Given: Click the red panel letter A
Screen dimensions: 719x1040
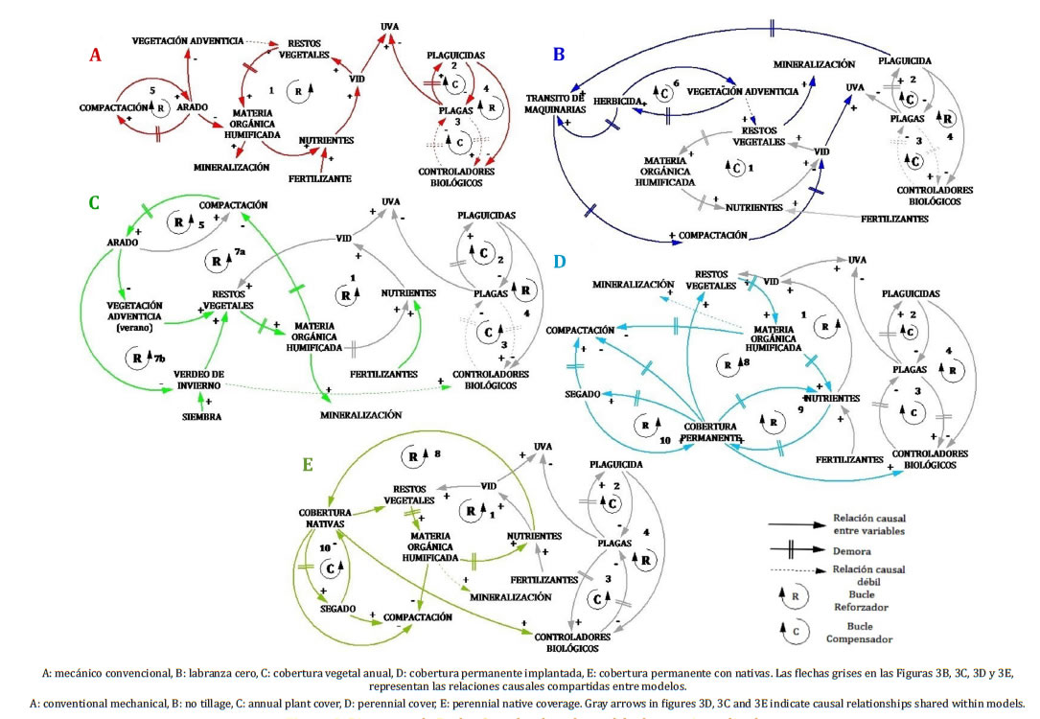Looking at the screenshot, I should pos(95,56).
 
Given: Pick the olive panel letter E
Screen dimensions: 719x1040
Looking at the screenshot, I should pos(308,464).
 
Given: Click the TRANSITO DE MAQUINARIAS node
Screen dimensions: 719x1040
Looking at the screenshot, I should pos(555,103).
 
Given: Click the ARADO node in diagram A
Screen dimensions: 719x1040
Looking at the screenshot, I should pos(193,107).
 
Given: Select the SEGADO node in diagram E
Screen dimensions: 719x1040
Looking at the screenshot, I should pos(338,608).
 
